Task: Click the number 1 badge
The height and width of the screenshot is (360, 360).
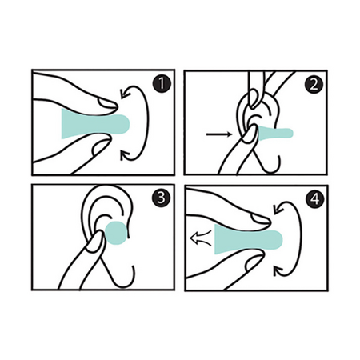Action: [x=162, y=84]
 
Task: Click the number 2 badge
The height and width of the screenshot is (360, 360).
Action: [x=314, y=84]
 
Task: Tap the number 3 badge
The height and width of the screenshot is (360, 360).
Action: [x=161, y=198]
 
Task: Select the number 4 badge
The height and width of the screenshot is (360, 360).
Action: [x=315, y=198]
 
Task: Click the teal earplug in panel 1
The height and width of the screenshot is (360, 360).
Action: [x=95, y=124]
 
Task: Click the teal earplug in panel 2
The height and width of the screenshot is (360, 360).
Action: [x=275, y=134]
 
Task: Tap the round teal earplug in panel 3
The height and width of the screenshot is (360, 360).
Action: [x=116, y=233]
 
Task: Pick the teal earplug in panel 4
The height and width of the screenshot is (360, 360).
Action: [x=248, y=239]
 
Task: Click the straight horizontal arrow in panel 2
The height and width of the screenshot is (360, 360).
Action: [x=219, y=134]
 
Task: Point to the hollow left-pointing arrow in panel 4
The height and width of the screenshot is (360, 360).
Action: [x=200, y=238]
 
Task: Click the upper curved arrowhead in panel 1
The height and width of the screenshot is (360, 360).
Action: [x=124, y=94]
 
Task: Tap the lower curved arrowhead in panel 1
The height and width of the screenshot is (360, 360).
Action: [x=125, y=155]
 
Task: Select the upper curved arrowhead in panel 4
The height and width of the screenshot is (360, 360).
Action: [x=278, y=209]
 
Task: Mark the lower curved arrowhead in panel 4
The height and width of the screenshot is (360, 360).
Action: [x=278, y=270]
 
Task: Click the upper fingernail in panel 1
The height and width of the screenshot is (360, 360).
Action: [x=107, y=104]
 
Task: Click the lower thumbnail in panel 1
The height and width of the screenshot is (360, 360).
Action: [x=101, y=147]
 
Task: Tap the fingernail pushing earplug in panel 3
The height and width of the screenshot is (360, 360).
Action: [x=94, y=242]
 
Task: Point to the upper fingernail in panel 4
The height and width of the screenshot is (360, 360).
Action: [x=261, y=219]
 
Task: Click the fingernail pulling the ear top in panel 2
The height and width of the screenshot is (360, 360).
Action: [x=254, y=99]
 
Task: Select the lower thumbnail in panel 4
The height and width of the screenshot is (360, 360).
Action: [x=254, y=262]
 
